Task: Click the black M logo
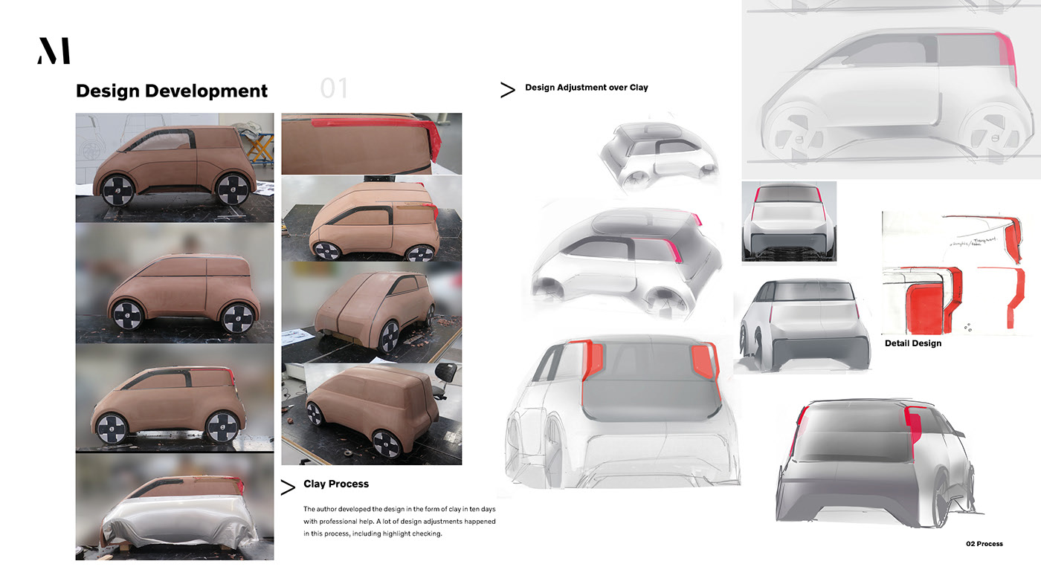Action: [x=54, y=51]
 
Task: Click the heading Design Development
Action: [x=172, y=91]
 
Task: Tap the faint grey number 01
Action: [x=334, y=89]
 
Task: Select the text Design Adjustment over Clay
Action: [x=586, y=88]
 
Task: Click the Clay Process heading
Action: [x=336, y=484]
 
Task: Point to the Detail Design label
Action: [x=912, y=343]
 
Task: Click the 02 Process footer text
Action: [x=984, y=544]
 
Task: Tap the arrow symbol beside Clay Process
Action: [x=287, y=487]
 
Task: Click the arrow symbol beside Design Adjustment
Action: [x=507, y=91]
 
